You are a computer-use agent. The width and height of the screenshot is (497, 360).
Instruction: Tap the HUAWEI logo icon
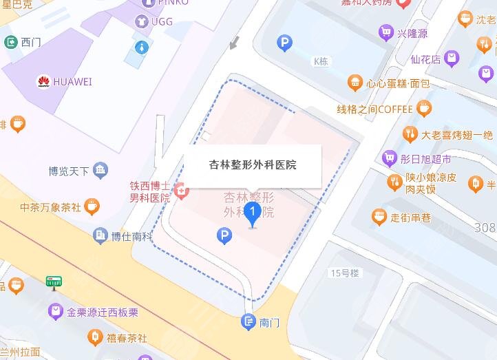click(43, 82)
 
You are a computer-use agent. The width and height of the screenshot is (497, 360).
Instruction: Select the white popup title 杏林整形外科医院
click(253, 165)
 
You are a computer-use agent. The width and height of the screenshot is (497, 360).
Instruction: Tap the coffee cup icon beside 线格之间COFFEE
click(425, 108)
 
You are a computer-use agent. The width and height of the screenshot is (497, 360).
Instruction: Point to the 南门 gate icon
click(248, 321)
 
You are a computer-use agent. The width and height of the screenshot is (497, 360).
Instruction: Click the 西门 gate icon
click(11, 42)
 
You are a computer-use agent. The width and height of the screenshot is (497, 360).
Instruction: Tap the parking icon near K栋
click(284, 44)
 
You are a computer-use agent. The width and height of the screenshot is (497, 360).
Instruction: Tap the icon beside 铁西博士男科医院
click(182, 191)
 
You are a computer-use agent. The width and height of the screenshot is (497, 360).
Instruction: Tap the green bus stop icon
click(52, 282)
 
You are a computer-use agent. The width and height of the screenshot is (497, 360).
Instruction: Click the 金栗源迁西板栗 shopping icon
click(55, 312)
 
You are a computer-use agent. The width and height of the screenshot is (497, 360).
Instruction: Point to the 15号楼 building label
click(345, 273)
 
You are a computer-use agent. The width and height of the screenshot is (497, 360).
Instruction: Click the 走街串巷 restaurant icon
click(379, 218)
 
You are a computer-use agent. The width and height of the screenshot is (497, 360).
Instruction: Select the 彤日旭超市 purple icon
click(389, 158)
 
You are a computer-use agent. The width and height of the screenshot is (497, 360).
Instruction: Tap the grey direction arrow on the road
click(235, 43)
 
